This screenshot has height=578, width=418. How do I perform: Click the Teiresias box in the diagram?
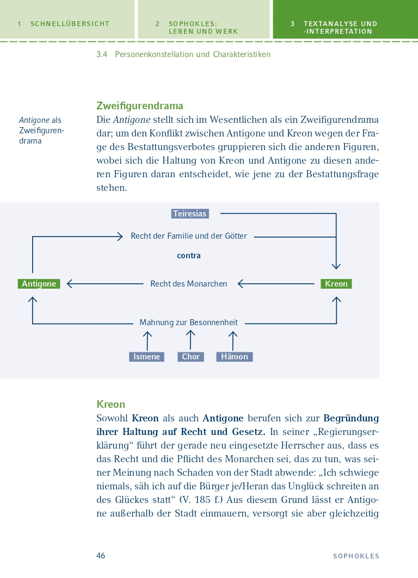point(190,214)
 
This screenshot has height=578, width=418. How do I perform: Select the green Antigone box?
point(39,284)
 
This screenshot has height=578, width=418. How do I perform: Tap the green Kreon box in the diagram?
point(336,284)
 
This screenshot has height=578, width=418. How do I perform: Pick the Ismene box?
point(146,357)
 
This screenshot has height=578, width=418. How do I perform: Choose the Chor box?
point(190,357)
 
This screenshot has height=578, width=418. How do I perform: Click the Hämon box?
point(234,357)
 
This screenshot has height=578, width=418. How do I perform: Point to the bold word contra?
point(189,256)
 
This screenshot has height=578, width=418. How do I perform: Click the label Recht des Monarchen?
point(189,284)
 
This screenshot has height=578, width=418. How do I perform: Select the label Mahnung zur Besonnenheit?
point(188,322)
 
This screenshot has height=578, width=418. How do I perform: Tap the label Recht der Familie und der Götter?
point(189,236)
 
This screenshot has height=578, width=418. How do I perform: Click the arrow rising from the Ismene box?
point(146,341)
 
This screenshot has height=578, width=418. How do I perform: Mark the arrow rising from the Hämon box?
point(233,341)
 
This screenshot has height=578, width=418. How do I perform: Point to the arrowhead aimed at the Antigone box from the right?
point(70,284)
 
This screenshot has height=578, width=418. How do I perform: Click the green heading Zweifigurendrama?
point(140,105)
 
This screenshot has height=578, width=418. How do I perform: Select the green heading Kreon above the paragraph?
point(110,404)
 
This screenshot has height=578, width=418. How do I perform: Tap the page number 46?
point(101,556)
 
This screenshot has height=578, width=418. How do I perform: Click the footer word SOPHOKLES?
point(356,556)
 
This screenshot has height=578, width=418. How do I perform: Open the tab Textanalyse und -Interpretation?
point(340,27)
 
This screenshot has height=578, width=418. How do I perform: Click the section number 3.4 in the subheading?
point(102,54)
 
